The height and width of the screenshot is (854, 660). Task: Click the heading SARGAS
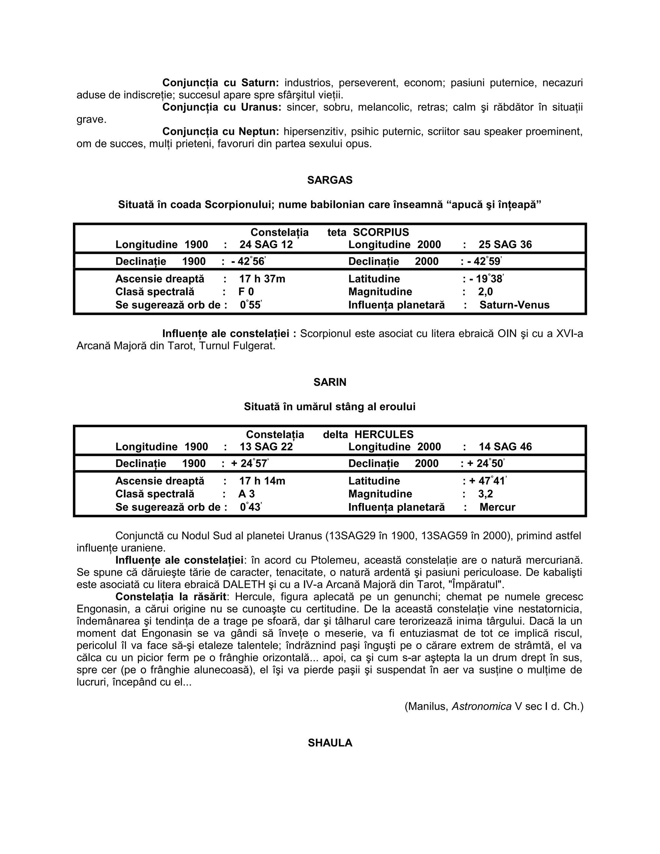330,180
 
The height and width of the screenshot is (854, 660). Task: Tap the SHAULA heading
330,743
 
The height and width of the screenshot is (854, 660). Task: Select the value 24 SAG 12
266,245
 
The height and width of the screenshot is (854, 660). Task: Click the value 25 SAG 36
505,245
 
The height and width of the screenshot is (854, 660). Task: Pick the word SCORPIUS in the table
381,232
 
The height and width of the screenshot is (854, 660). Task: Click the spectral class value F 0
246,292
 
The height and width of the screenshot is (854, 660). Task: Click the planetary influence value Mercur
497,508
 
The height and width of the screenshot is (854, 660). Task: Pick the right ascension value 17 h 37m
262,279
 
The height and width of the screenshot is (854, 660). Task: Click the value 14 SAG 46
505,447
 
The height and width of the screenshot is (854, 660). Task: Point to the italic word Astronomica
482,707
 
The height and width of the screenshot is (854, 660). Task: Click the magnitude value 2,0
485,292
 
